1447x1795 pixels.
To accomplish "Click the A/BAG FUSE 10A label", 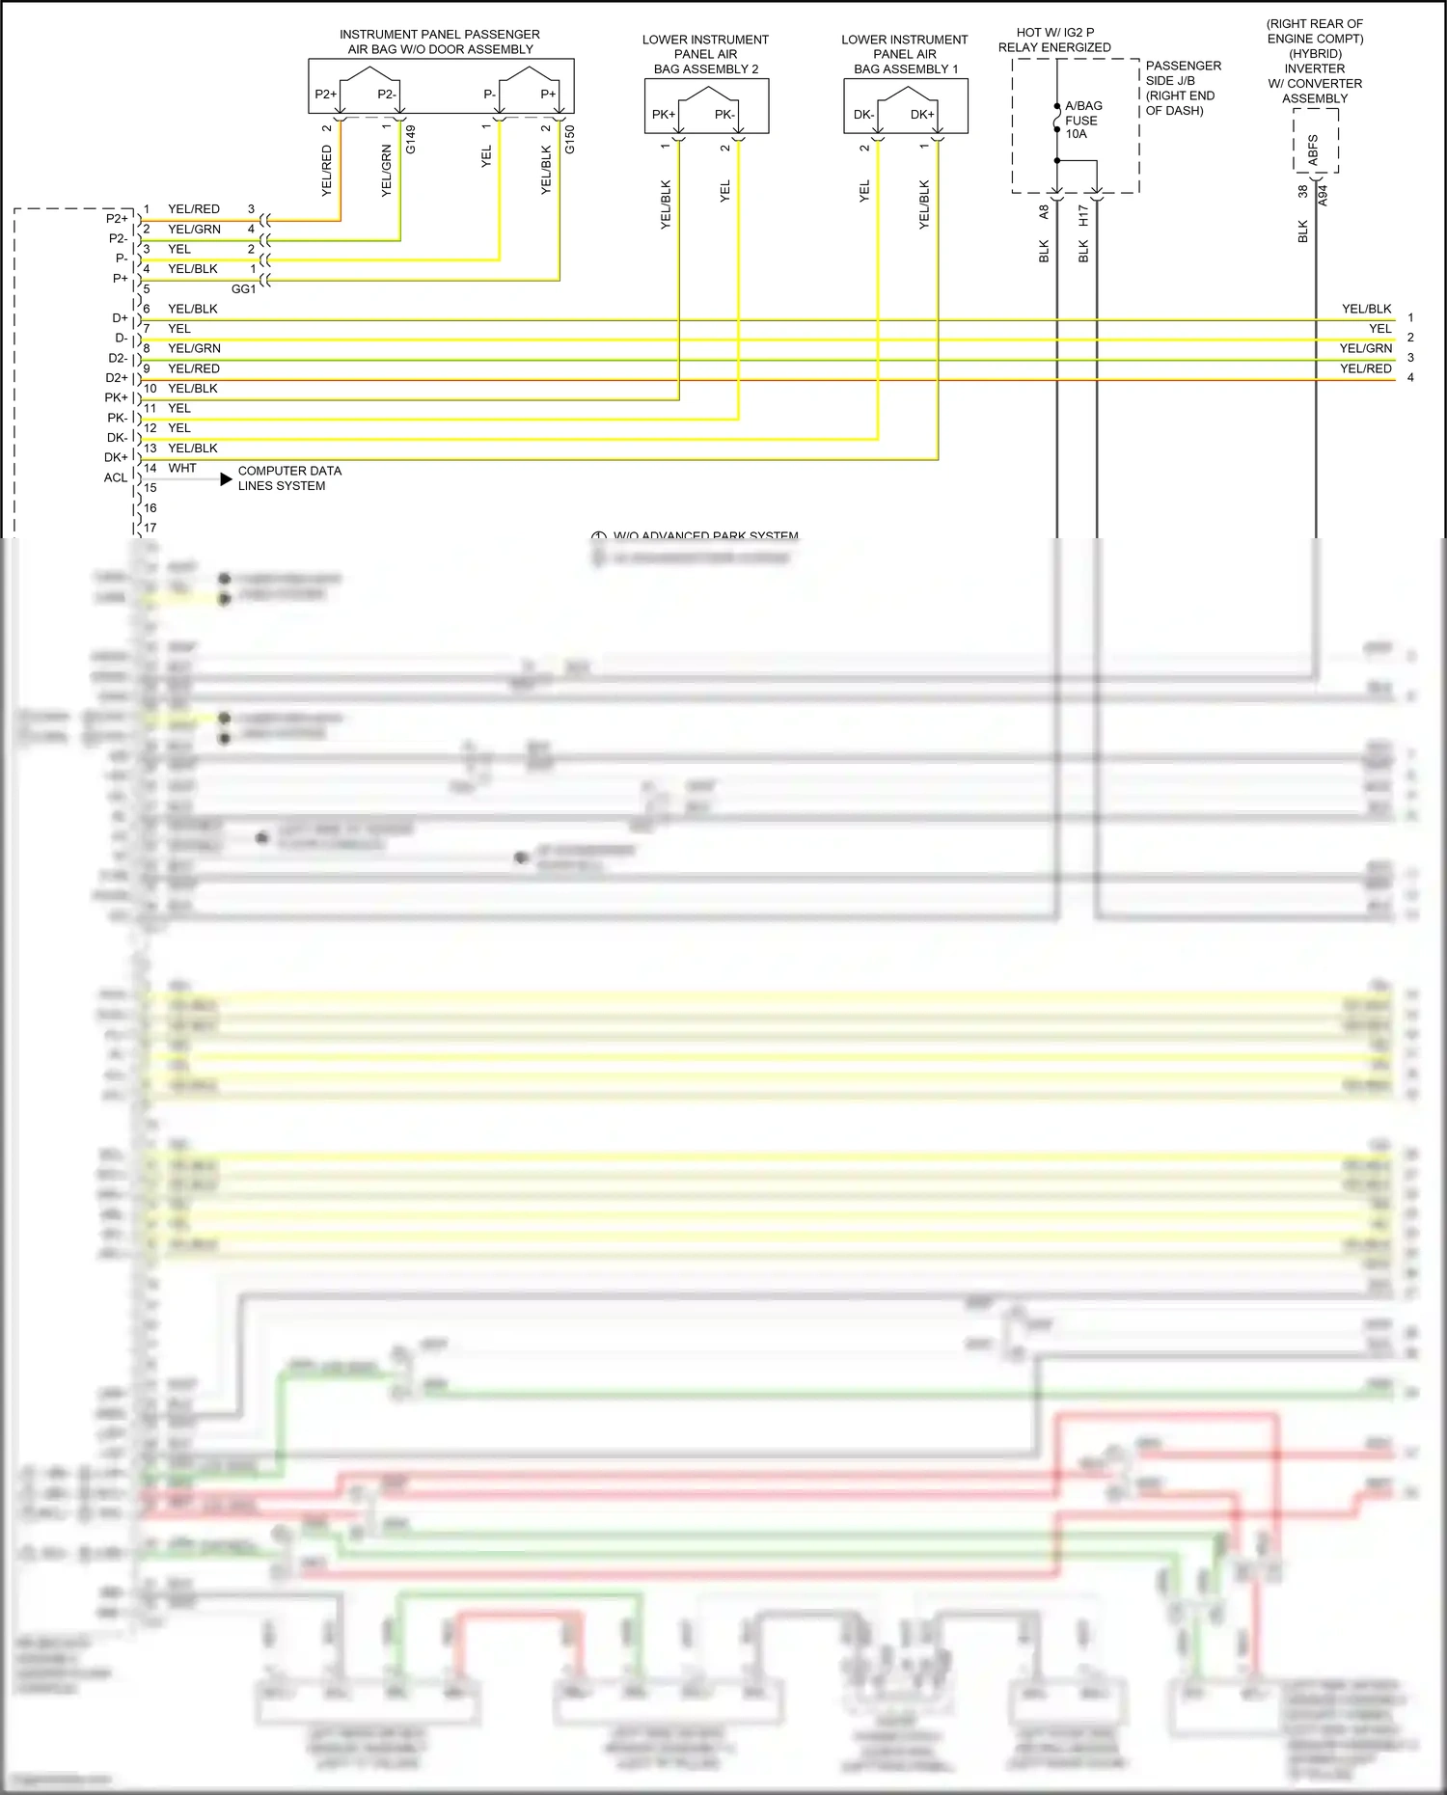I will click(x=1082, y=120).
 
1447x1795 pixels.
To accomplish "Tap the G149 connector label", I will click(x=411, y=139).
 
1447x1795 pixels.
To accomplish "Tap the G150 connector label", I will click(x=570, y=139).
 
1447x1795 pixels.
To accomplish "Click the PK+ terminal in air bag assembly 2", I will click(x=663, y=114).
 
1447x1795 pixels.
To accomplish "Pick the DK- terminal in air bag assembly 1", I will click(x=863, y=114).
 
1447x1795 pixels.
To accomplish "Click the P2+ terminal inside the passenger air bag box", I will click(x=325, y=94).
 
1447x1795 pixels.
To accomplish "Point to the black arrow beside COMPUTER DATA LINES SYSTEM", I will click(x=227, y=478).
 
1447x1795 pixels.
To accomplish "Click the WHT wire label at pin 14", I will click(x=182, y=468).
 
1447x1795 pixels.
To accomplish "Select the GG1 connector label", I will click(x=243, y=288).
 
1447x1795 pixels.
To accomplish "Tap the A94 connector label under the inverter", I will click(x=1324, y=196).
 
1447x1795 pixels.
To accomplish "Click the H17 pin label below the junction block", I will click(x=1083, y=215).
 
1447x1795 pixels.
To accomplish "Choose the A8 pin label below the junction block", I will click(x=1044, y=212).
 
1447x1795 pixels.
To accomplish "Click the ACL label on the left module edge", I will click(x=115, y=477).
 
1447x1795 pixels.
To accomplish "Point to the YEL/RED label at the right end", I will click(x=1365, y=368).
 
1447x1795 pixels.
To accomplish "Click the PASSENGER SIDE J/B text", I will click(x=1183, y=73).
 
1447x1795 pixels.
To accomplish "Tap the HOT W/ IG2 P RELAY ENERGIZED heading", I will click(x=1054, y=40).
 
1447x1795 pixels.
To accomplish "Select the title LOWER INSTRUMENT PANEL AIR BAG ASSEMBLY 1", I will click(x=905, y=54).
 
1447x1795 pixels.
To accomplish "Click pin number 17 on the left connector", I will click(x=150, y=528).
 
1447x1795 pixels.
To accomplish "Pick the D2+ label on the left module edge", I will click(x=117, y=378).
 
